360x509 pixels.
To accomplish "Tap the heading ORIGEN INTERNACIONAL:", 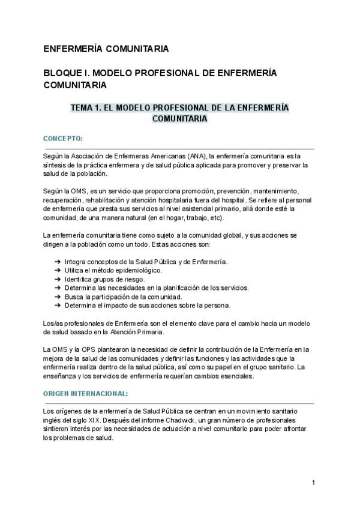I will point(85,393).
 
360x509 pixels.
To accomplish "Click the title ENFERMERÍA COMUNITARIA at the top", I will point(106,48).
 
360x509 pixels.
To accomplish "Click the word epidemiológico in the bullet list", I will point(122,271).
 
